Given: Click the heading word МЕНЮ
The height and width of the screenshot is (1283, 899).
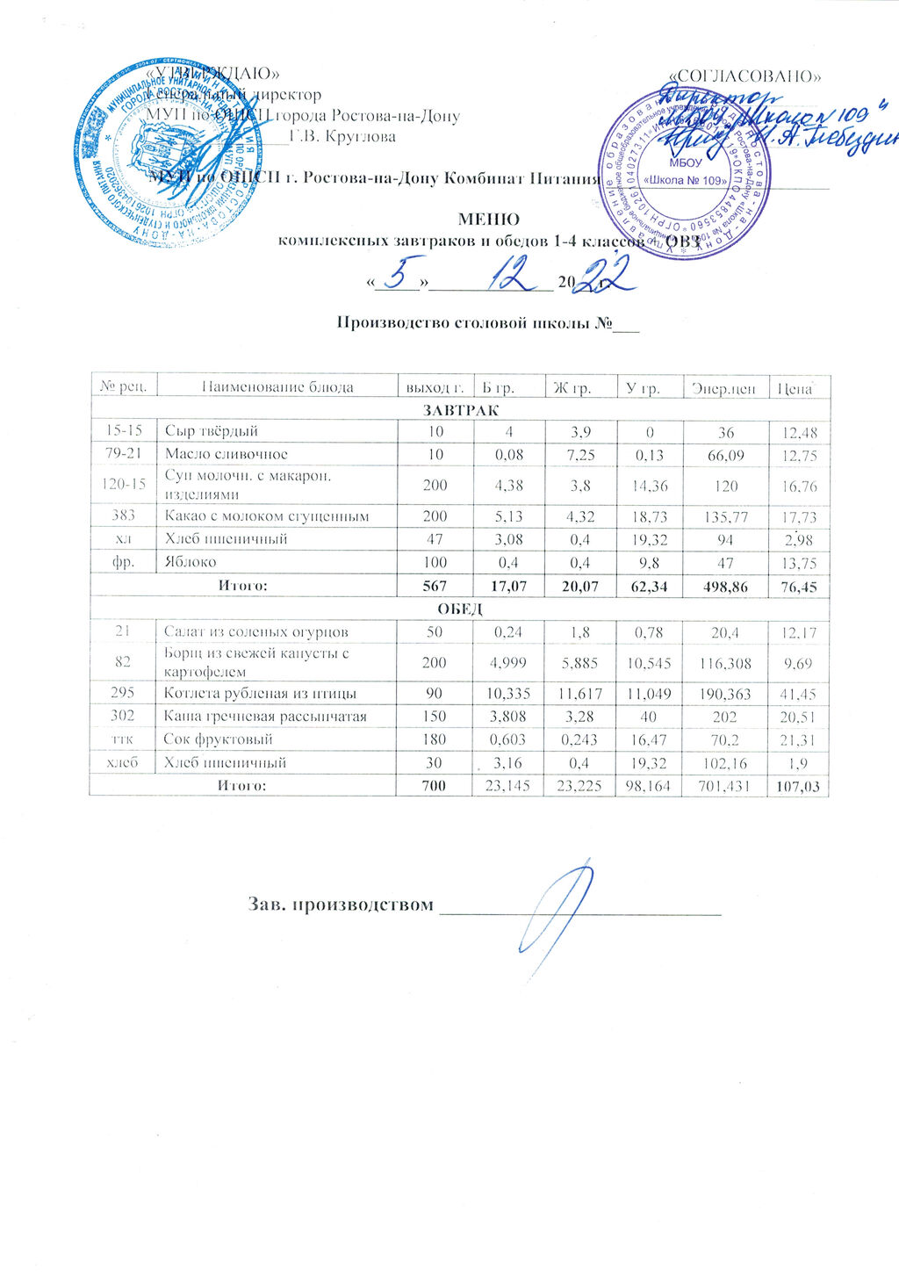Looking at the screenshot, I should [489, 220].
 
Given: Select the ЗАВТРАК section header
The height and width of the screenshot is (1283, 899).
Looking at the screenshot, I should [461, 410].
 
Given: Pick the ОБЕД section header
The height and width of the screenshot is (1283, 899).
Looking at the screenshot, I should [461, 609].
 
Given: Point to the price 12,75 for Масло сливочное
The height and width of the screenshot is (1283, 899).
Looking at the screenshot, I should [798, 454].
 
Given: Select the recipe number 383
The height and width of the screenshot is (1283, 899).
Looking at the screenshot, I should [125, 516].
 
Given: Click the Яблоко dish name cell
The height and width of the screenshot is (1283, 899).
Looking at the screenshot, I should [190, 562].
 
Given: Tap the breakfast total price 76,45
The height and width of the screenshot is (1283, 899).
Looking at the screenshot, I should [798, 586].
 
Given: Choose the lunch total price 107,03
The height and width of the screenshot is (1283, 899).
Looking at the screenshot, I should [798, 786].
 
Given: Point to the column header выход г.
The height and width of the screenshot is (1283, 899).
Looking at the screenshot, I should [433, 387].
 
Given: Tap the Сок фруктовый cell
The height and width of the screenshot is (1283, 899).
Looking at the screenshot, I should [218, 739].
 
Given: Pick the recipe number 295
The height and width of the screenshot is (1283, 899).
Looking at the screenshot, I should [125, 694].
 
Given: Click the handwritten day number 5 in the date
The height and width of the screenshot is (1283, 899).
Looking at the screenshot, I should [400, 275].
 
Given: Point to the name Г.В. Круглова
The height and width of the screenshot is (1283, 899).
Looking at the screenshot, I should [348, 137].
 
